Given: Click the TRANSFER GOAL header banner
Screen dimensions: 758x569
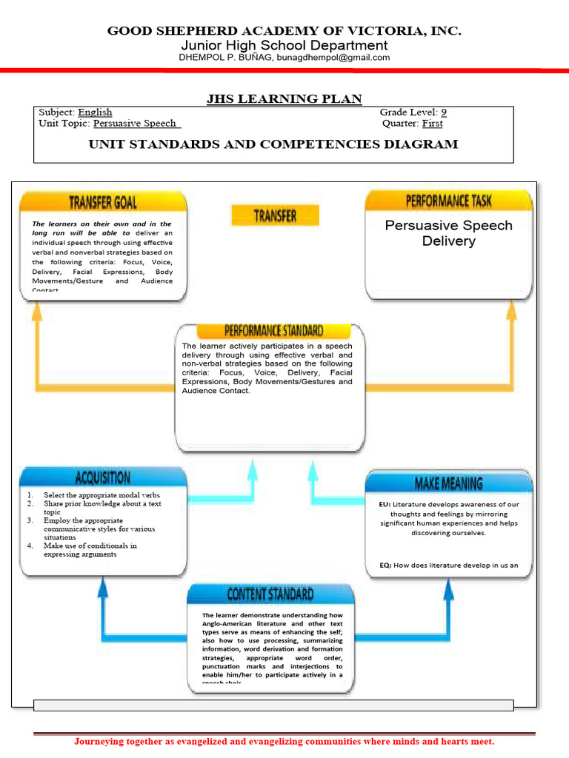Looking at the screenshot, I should [x=103, y=202].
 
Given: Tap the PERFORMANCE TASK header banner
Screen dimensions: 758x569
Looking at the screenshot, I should [x=448, y=201].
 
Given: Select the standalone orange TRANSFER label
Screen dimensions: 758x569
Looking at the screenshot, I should [x=275, y=215].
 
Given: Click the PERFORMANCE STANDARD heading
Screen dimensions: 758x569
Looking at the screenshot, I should [x=273, y=331].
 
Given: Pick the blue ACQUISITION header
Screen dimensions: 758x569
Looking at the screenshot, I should [x=103, y=477].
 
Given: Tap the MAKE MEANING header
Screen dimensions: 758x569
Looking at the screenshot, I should [x=448, y=483].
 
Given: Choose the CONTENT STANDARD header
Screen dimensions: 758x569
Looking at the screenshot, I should [x=270, y=594].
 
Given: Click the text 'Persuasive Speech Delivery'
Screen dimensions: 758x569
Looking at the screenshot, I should [x=448, y=233].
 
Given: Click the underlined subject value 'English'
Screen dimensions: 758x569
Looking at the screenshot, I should [x=95, y=113].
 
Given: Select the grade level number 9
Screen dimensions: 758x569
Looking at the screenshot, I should [x=443, y=113].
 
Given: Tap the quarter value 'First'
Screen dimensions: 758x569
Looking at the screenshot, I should [x=432, y=124].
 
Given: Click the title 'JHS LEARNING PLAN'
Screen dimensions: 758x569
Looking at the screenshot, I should [x=284, y=99].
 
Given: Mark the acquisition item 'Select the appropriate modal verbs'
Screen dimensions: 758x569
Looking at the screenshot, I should [x=102, y=494].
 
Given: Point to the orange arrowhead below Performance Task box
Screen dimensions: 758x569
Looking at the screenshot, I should [x=511, y=309].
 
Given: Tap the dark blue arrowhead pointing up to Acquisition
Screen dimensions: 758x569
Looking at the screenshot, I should [x=103, y=586].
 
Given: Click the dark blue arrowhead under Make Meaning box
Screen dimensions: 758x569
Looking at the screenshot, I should [x=447, y=588].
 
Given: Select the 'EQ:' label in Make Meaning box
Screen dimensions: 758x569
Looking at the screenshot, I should [x=385, y=566].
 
